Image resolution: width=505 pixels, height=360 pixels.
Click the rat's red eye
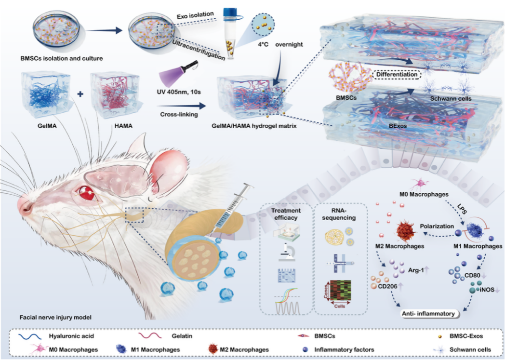[87, 194]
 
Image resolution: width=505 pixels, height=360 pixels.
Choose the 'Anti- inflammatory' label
[429, 313]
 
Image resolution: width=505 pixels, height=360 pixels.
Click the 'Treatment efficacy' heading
[286, 214]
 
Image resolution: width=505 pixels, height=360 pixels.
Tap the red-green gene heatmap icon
[341, 292]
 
